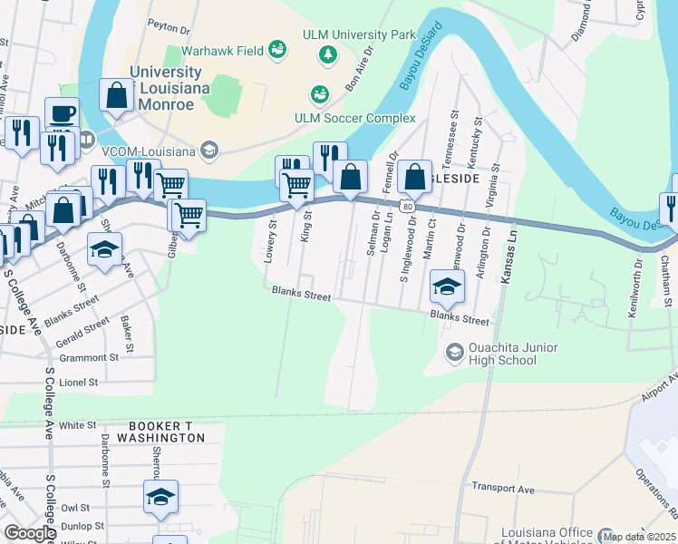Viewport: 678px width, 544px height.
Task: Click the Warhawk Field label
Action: click(x=224, y=51)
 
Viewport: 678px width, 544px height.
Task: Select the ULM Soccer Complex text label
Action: click(x=354, y=118)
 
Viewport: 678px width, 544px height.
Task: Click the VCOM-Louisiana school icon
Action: click(x=209, y=150)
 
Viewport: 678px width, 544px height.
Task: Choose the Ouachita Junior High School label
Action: click(x=513, y=354)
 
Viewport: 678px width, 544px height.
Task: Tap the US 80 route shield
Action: click(x=409, y=207)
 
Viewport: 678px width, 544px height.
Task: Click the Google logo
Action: click(x=29, y=533)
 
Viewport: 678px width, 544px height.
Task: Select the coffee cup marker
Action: click(x=62, y=114)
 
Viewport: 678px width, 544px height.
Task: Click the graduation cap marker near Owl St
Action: click(x=160, y=497)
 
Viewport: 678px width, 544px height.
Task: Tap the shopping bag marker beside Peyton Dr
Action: click(x=117, y=94)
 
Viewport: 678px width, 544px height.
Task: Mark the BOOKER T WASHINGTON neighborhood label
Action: click(x=153, y=437)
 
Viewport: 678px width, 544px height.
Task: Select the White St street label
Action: click(x=78, y=424)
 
